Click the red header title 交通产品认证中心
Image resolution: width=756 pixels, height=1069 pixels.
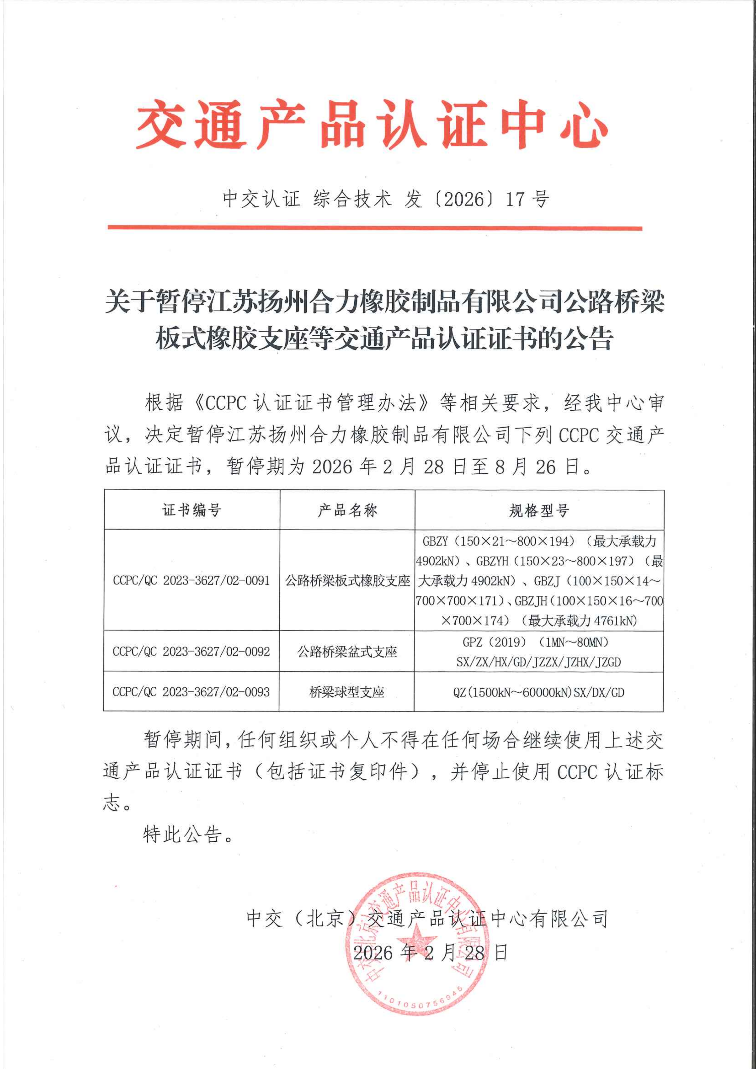coord(372,124)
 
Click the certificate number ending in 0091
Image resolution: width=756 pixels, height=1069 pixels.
coord(191,581)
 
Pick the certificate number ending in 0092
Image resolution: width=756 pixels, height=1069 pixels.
coord(191,651)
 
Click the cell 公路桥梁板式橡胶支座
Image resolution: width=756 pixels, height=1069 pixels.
coord(347,581)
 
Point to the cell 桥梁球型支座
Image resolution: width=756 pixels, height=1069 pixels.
coord(347,692)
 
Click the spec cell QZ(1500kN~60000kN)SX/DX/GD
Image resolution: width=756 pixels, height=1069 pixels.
coord(539,692)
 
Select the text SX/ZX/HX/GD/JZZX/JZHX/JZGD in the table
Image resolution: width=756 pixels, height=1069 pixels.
coord(539,661)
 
